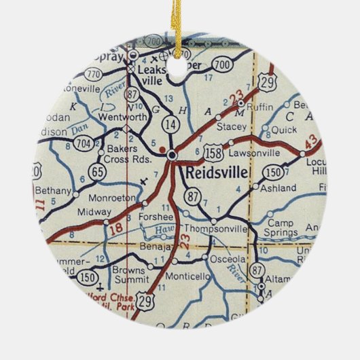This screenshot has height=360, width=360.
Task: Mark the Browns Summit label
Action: click(x=129, y=274)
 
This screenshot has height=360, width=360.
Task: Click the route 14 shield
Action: click(x=170, y=124)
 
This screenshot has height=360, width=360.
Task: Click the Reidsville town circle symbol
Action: click(x=173, y=156)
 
